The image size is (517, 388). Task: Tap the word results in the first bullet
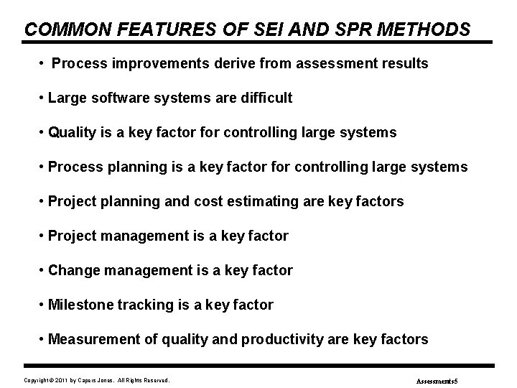click(406, 64)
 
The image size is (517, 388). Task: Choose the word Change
click(69, 271)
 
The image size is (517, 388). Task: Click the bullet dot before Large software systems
click(43, 98)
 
